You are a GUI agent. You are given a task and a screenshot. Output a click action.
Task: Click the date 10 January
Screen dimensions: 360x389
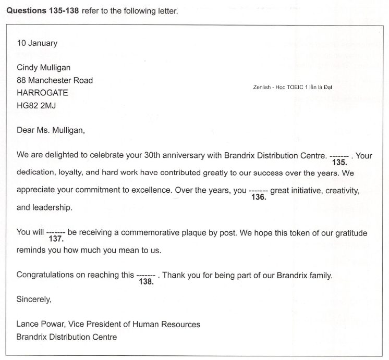click(37, 43)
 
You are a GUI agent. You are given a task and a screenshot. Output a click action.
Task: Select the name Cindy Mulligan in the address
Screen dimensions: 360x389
click(43, 67)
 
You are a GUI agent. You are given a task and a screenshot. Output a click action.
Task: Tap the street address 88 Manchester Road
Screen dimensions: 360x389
click(55, 80)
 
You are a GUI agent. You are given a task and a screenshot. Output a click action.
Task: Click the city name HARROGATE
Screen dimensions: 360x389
click(42, 93)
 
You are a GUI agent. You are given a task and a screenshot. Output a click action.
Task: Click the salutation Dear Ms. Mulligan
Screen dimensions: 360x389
click(51, 131)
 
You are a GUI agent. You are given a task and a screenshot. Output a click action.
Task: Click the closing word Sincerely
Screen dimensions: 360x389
click(34, 300)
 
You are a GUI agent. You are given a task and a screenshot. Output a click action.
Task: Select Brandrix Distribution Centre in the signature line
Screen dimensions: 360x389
click(67, 337)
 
